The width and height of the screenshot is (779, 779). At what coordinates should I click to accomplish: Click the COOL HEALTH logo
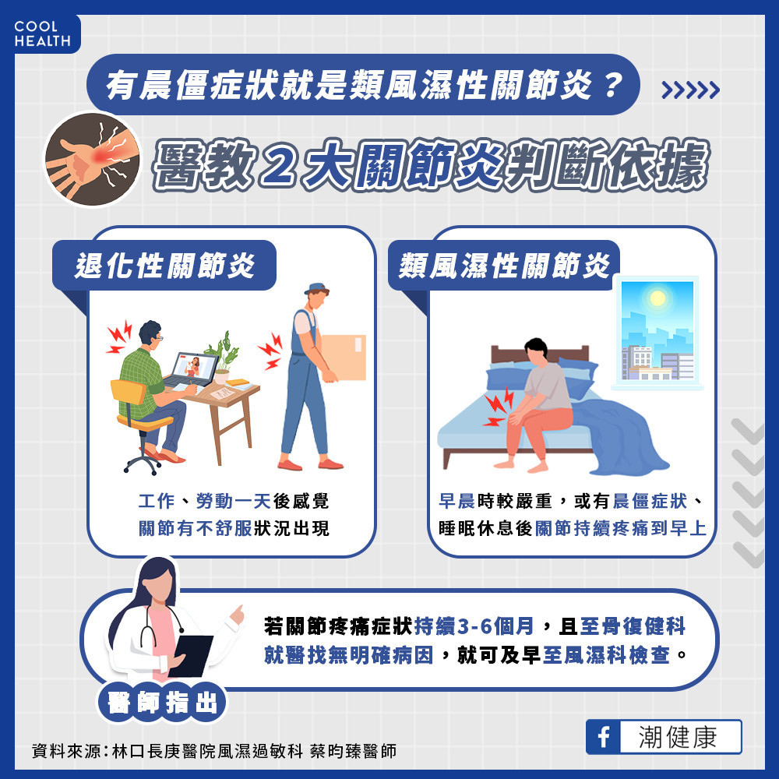point(42,33)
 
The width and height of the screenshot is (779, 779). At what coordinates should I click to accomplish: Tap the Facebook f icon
point(604,737)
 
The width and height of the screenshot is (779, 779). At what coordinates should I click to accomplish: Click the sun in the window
point(657,298)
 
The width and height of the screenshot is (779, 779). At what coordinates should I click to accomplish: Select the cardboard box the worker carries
point(343,358)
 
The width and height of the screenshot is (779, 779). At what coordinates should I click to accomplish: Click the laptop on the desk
point(192,371)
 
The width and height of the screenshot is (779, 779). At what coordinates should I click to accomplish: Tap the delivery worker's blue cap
point(316,288)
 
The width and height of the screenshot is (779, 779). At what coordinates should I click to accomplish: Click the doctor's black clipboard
point(190,656)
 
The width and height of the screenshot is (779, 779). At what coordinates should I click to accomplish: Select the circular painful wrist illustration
point(93,159)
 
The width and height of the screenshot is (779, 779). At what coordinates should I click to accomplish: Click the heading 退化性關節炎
point(164,266)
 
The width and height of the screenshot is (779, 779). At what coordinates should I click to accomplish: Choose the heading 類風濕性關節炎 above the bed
point(504,266)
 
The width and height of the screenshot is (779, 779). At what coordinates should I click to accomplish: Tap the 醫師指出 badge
point(162,703)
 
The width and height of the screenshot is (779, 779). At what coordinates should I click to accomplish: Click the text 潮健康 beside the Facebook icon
point(678,737)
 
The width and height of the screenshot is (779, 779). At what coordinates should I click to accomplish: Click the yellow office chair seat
point(145,421)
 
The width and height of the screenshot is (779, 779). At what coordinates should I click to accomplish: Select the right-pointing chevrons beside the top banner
point(690,90)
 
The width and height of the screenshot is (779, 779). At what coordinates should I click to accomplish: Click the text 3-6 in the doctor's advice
point(475,626)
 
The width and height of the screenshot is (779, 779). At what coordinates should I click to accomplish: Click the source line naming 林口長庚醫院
point(214,751)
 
